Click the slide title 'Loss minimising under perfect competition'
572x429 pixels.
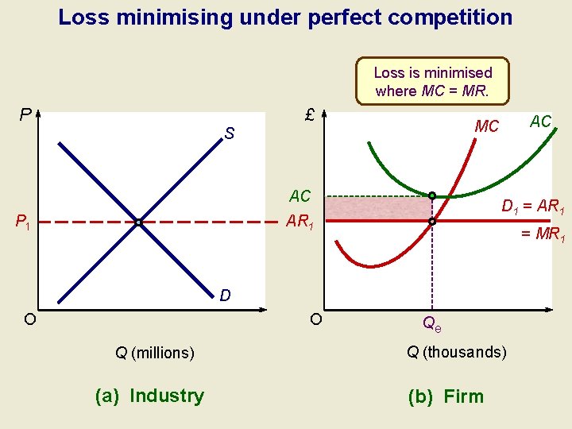tap(285, 17)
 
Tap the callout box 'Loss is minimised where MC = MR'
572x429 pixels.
tap(433, 81)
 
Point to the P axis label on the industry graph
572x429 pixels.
tap(25, 116)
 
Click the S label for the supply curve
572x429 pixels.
tap(229, 135)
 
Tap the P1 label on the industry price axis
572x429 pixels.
tap(22, 223)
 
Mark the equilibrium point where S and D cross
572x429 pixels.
tap(138, 222)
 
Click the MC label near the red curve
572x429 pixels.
tap(486, 126)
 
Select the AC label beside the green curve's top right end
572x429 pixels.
tap(540, 122)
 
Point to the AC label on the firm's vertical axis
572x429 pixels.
tap(300, 196)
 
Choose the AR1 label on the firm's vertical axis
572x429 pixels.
tap(301, 222)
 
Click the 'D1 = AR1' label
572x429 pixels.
tap(533, 207)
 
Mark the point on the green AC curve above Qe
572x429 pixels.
tap(431, 195)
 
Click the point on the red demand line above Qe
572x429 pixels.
tap(431, 222)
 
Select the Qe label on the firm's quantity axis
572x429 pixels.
tap(431, 323)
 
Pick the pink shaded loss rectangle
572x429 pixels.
tap(377, 209)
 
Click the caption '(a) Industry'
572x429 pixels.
tap(149, 396)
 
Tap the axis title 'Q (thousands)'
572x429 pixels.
tap(456, 352)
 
